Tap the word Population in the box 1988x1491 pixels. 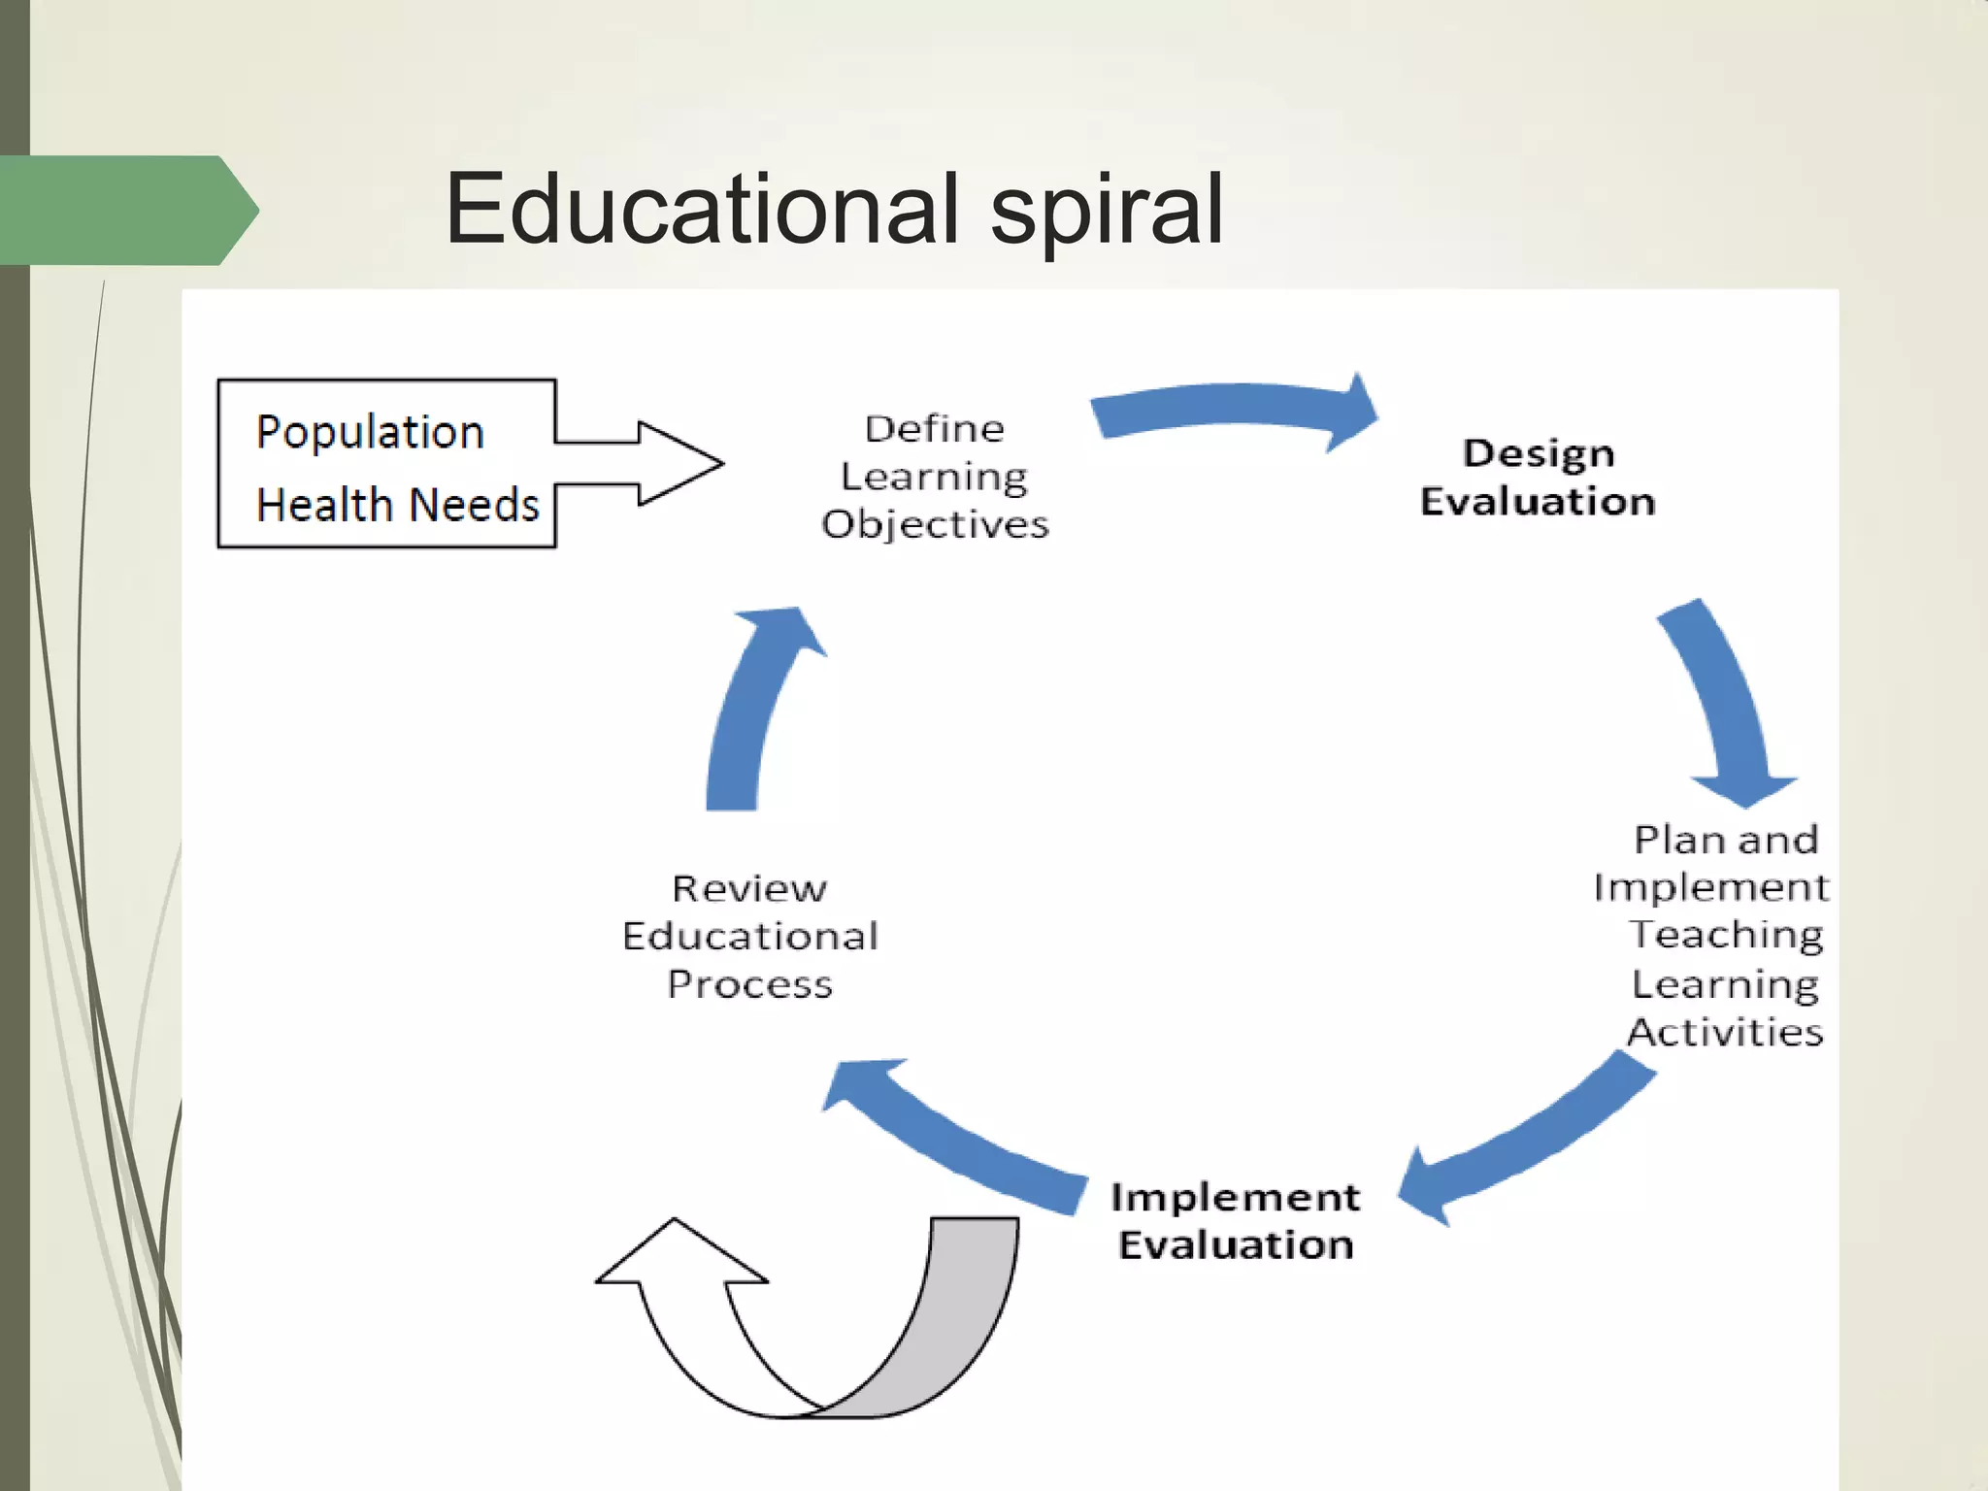click(370, 432)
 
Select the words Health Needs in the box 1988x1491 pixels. click(397, 505)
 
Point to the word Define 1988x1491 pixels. click(934, 429)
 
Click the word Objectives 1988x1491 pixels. click(935, 525)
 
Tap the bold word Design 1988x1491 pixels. click(1539, 453)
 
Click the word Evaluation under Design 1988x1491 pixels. click(1538, 502)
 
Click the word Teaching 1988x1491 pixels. click(1726, 935)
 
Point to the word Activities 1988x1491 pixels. click(1726, 1032)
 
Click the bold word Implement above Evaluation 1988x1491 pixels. click(1235, 1197)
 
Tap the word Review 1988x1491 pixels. click(749, 888)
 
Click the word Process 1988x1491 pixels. click(749, 984)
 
